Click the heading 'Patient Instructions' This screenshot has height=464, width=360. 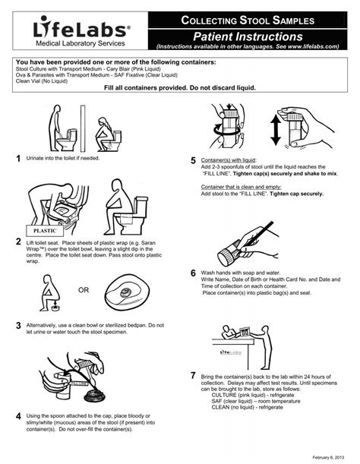[x=247, y=36]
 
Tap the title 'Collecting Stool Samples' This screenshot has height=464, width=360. [x=247, y=20]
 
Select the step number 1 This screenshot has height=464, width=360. [x=17, y=158]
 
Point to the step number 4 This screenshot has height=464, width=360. [x=17, y=417]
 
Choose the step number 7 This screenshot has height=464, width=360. [x=194, y=377]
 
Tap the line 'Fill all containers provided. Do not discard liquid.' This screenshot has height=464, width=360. [x=179, y=87]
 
